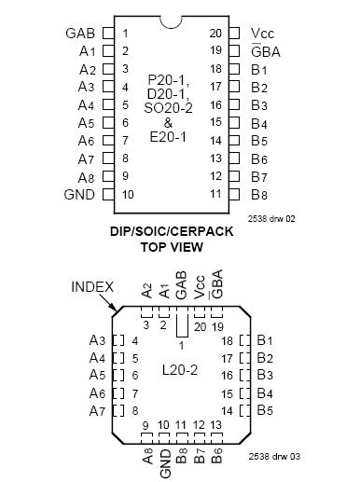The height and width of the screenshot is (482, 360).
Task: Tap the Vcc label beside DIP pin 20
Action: coord(262,34)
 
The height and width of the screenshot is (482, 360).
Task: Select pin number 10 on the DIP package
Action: coord(127,194)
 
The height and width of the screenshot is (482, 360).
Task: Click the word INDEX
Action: coord(92,286)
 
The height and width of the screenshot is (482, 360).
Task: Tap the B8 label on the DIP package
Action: coord(260,194)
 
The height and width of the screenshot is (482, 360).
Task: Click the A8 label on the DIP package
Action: coord(86,176)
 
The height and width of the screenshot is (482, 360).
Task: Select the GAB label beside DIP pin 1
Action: coord(82,34)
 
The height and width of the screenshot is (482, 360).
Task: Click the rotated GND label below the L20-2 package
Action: coord(166,455)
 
